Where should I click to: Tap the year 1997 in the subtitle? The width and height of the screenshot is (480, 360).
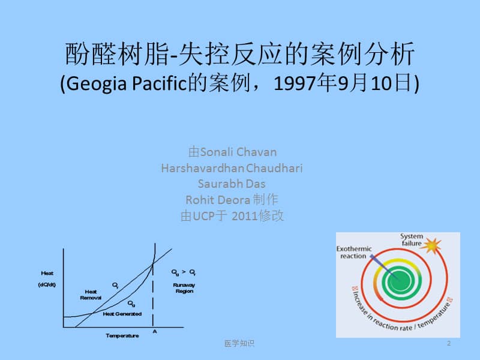click(x=291, y=85)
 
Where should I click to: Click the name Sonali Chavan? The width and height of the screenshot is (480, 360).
click(x=238, y=152)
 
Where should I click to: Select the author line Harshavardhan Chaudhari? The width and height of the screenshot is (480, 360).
click(x=232, y=168)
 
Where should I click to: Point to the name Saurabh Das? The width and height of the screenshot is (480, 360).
click(x=232, y=184)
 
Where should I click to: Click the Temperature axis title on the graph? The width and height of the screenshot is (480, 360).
click(x=122, y=335)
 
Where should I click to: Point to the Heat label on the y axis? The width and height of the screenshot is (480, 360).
click(x=47, y=274)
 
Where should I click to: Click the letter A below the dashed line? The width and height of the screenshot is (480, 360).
click(x=155, y=331)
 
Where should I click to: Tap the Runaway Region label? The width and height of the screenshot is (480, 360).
click(x=184, y=287)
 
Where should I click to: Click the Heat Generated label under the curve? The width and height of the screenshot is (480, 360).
click(x=122, y=314)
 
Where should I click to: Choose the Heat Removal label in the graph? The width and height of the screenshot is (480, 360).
click(x=91, y=294)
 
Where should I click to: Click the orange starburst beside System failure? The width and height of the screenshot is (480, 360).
click(x=433, y=245)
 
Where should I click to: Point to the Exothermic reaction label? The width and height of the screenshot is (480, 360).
click(x=355, y=252)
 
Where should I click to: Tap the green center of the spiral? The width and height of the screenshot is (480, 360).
click(x=395, y=279)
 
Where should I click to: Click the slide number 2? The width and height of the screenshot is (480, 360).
click(x=448, y=343)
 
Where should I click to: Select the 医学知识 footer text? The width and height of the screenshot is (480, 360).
click(x=239, y=344)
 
